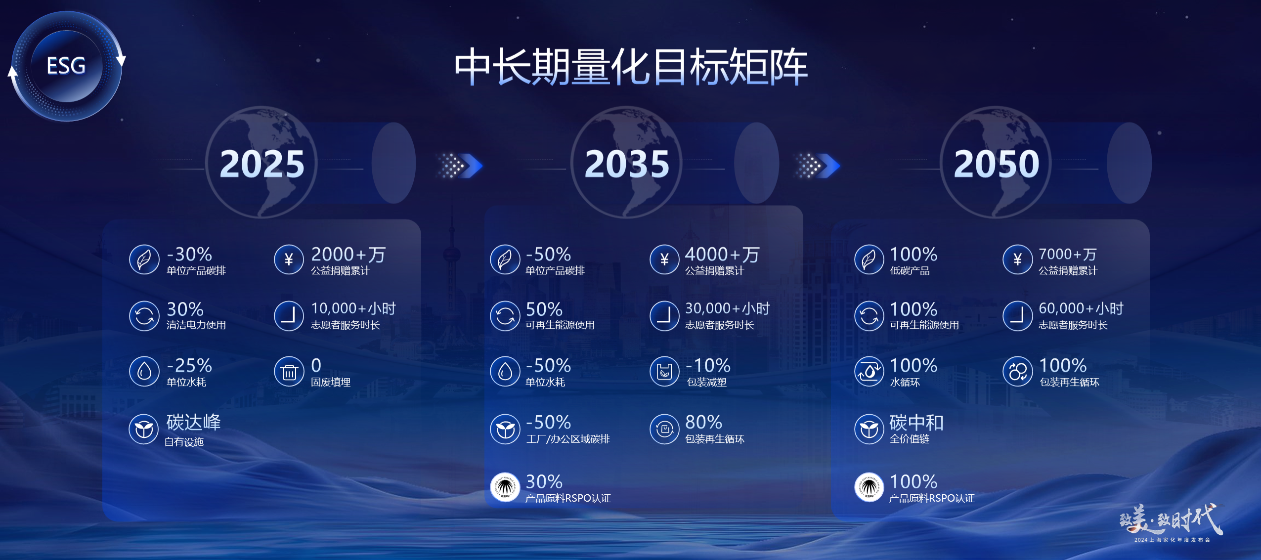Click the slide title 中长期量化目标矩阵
[631, 67]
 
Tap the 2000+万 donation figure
[348, 255]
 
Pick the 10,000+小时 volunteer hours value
[353, 308]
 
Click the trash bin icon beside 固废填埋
[289, 371]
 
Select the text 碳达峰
[193, 423]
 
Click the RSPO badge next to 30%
[505, 487]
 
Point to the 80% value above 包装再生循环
[703, 422]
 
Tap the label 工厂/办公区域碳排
[568, 439]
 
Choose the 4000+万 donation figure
[722, 255]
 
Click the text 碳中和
[916, 423]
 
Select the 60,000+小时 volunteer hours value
[1081, 308]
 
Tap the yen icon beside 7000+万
[1017, 259]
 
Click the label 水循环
[905, 382]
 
